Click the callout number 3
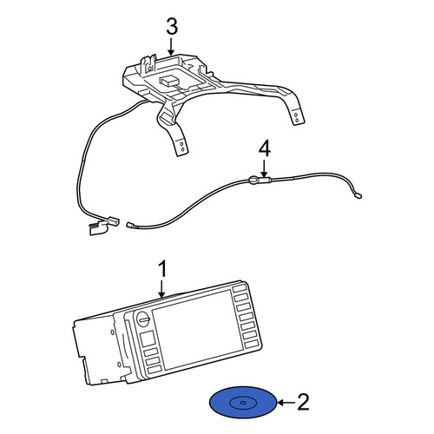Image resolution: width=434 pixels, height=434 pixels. point(172,27)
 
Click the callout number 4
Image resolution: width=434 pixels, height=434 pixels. point(265,150)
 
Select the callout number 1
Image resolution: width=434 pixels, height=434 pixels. point(163,269)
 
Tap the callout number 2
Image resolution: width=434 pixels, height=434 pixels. point(303,402)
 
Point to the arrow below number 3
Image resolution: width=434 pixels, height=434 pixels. point(171,47)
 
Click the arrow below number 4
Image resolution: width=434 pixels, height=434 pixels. point(264,168)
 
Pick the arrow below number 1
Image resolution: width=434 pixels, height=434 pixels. point(162,288)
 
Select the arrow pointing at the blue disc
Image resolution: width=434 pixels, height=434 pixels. point(286,402)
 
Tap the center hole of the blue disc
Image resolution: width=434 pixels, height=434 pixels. point(243,403)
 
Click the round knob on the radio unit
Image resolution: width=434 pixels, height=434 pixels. point(143,319)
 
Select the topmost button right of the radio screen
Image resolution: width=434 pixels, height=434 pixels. point(240,288)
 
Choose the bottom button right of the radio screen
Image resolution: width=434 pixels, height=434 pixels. point(251,344)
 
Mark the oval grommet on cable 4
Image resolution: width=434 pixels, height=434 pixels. point(253,181)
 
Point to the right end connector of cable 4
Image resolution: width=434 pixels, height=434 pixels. point(358,196)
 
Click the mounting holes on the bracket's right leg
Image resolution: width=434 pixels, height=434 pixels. point(296,117)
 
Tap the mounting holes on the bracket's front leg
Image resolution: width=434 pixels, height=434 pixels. point(182,147)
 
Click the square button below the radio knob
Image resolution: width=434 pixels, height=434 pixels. point(148,339)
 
